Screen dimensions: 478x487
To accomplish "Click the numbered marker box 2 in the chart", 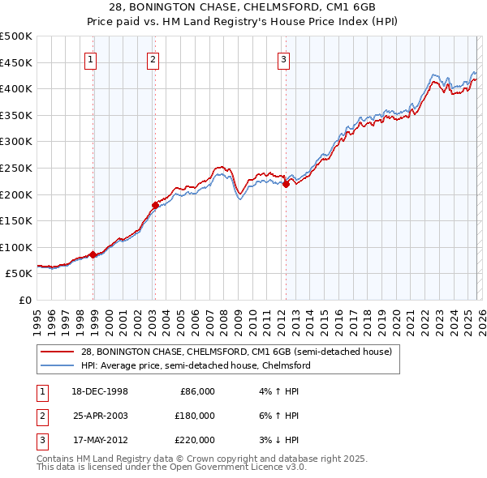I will click(153, 58).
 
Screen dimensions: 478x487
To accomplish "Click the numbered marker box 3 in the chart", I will click(283, 58).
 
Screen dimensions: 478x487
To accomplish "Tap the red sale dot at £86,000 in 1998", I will click(93, 254).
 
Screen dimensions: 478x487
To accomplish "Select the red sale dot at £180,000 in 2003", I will click(155, 204).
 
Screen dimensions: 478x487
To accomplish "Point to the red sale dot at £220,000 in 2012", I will click(286, 184).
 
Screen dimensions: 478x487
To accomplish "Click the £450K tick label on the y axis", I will click(16, 62).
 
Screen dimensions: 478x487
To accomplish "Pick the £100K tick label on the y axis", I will click(16, 247).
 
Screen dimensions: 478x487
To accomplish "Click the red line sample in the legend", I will click(58, 352).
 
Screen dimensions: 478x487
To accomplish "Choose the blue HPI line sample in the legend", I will click(58, 365).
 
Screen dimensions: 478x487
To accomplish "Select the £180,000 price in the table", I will click(195, 416).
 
